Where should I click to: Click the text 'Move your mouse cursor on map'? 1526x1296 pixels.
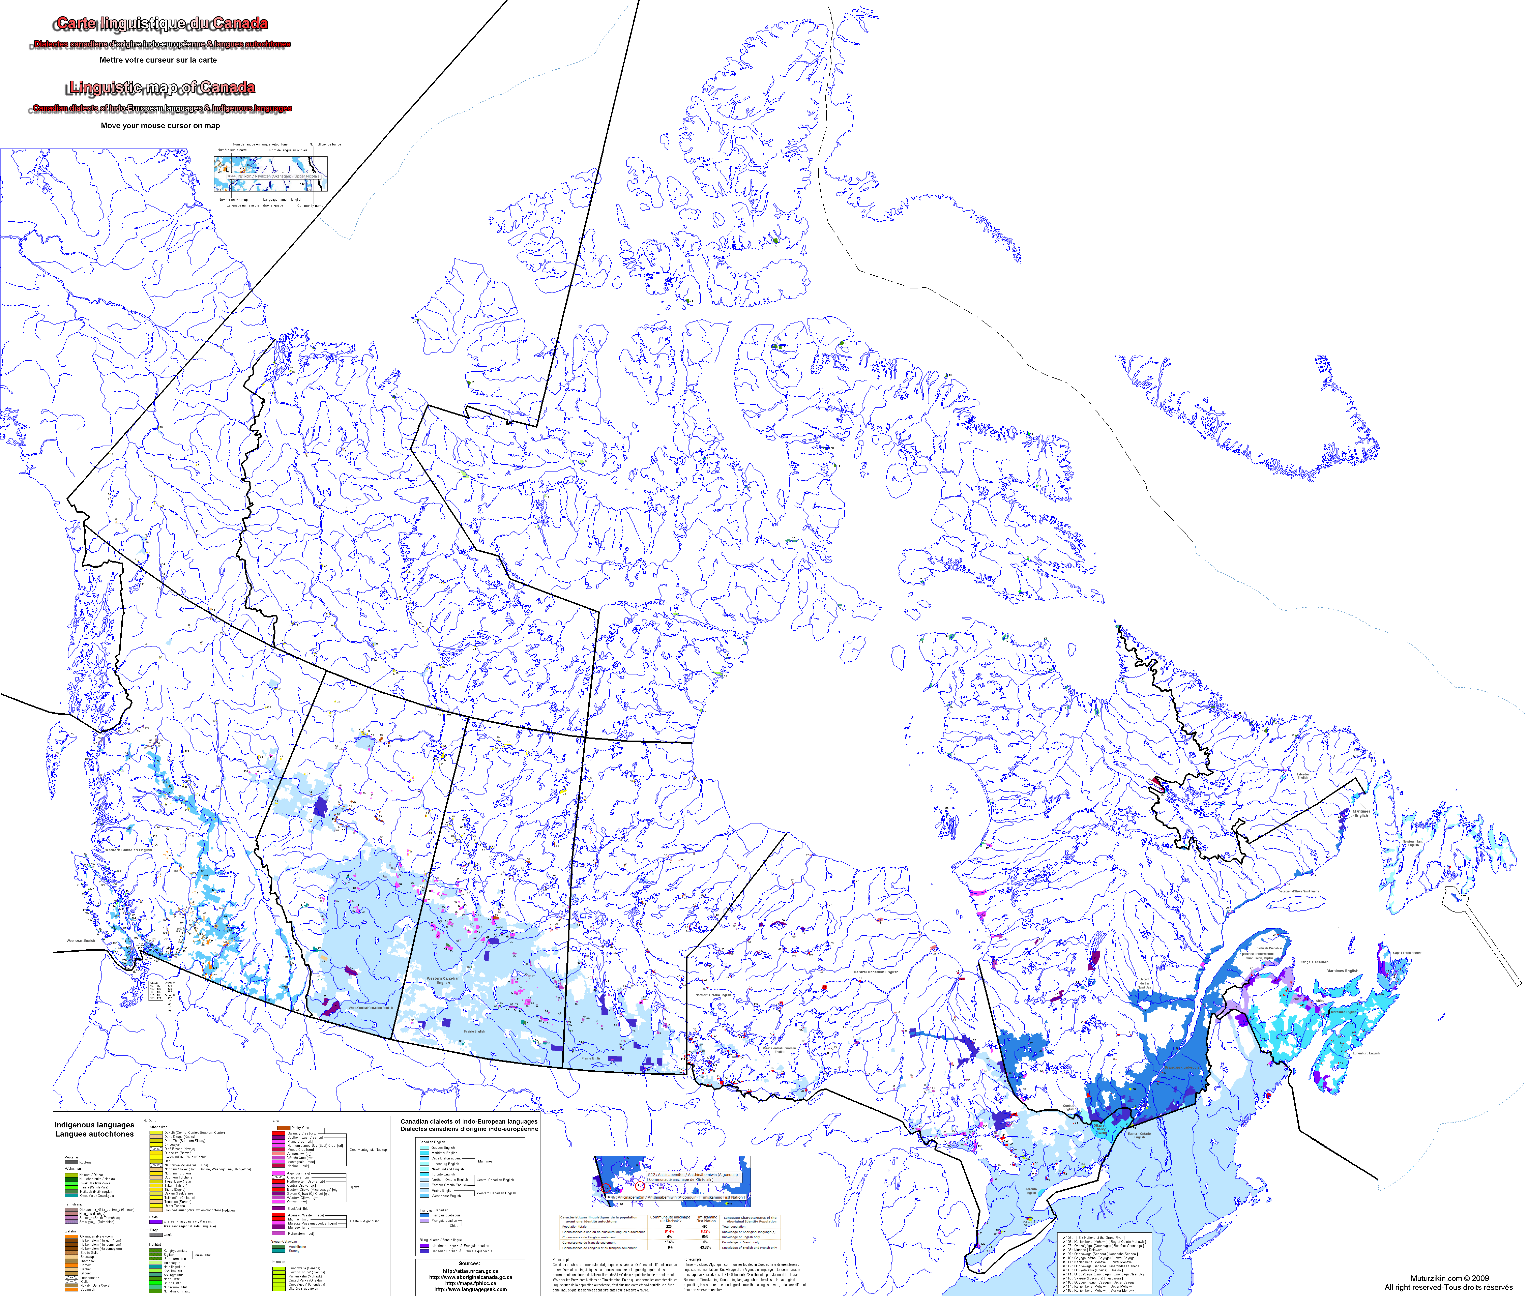coord(160,126)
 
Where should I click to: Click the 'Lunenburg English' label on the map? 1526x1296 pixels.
coord(1367,1053)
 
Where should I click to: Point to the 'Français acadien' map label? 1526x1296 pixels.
coord(1313,962)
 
